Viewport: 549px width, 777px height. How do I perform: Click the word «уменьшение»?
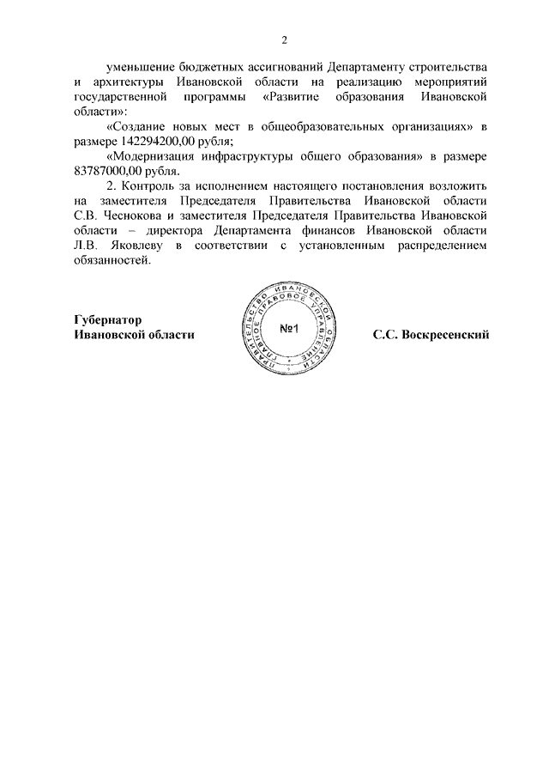pos(140,67)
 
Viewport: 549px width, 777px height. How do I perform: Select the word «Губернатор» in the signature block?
pos(109,319)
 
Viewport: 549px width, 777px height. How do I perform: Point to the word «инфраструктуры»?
pos(256,157)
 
